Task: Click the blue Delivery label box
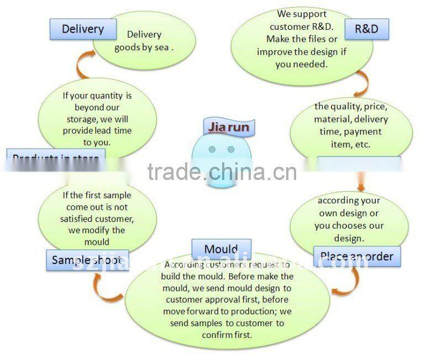[83, 29]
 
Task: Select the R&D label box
[366, 28]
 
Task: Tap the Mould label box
[221, 250]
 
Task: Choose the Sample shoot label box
[83, 260]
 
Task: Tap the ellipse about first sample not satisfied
[97, 218]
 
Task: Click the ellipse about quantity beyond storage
[97, 118]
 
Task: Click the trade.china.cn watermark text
[222, 172]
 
